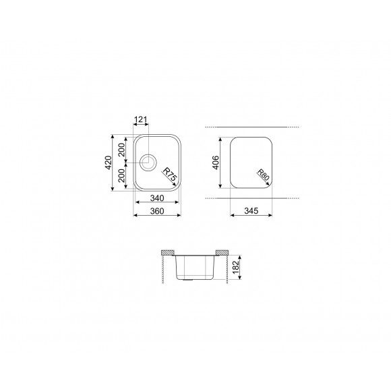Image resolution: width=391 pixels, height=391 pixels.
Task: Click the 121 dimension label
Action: point(141,120)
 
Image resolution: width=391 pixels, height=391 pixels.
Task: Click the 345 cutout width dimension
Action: point(251,212)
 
